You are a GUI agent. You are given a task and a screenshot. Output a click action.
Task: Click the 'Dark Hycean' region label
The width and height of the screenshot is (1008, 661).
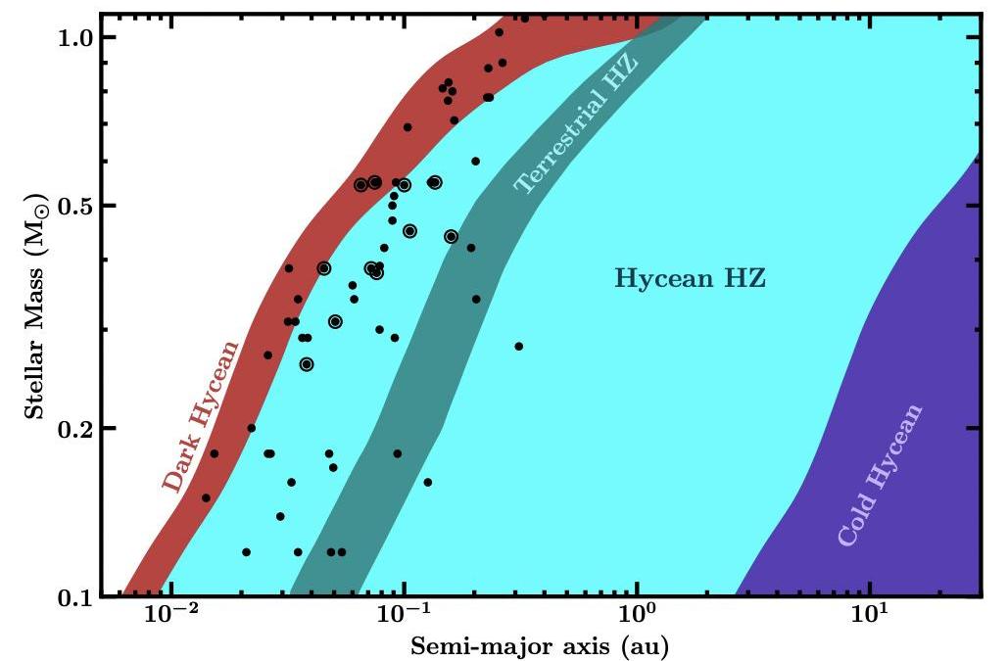point(201,416)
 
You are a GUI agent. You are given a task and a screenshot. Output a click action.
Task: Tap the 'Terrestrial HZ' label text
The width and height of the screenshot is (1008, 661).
point(576,124)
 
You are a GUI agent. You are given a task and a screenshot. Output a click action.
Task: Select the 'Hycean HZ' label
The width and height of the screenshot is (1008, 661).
point(690,279)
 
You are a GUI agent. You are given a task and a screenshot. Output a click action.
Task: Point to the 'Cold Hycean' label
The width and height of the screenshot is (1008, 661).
point(880,475)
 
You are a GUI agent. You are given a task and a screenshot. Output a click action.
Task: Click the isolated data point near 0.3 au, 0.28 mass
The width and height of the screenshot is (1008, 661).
point(519,346)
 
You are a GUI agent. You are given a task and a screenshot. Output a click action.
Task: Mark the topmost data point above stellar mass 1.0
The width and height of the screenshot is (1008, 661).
point(525,18)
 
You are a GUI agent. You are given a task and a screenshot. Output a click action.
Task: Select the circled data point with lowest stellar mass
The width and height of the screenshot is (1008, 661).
point(307,364)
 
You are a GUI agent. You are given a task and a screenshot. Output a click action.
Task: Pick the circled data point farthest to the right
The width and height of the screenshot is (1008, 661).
point(451,236)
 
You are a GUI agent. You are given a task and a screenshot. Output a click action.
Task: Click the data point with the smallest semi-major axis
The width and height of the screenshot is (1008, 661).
point(206,497)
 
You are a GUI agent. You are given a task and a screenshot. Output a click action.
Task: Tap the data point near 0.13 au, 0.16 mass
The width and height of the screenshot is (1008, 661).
point(427,482)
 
